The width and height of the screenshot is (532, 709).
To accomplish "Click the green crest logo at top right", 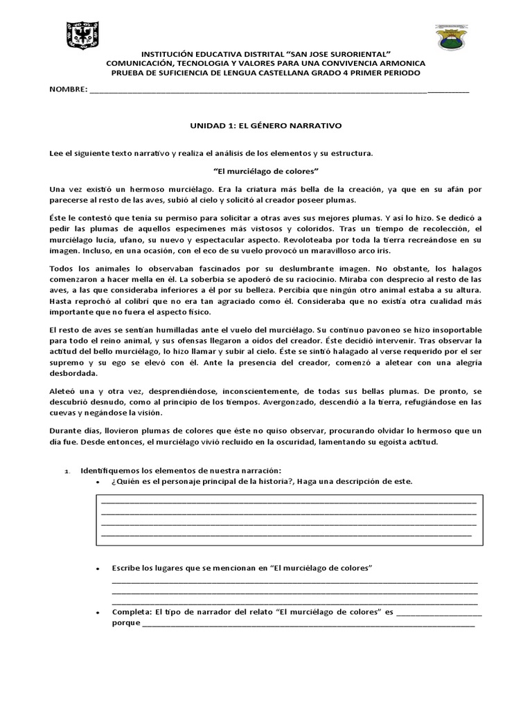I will [454, 37].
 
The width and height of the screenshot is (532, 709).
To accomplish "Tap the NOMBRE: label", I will [67, 90].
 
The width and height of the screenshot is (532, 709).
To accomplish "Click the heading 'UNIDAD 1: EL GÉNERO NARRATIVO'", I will [266, 126].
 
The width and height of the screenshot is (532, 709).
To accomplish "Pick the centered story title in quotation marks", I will [265, 170].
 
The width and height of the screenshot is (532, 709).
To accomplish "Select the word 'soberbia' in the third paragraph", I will [198, 280].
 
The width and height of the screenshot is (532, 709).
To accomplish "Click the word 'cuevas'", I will [64, 413].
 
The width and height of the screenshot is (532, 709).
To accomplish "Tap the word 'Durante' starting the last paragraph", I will [66, 431].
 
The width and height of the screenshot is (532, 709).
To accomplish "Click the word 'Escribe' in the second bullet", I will [125, 568].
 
